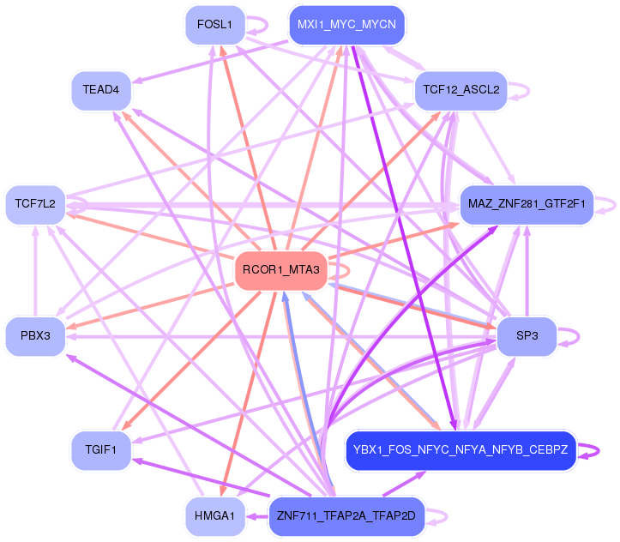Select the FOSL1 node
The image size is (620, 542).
pos(214,25)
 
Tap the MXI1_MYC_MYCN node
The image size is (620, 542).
pos(346,25)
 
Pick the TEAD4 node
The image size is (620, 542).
pos(100,89)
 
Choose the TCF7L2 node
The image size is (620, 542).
pos(35,204)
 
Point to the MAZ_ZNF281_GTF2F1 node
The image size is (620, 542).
pos(527,204)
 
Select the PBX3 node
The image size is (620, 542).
pos(35,335)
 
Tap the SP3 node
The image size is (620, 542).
pos(527,335)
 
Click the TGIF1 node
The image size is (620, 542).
pos(100,449)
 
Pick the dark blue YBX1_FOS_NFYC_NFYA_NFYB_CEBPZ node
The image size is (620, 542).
pos(460,449)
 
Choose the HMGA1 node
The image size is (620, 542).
pos(214,516)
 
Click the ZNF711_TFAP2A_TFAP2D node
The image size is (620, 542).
pos(346,516)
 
